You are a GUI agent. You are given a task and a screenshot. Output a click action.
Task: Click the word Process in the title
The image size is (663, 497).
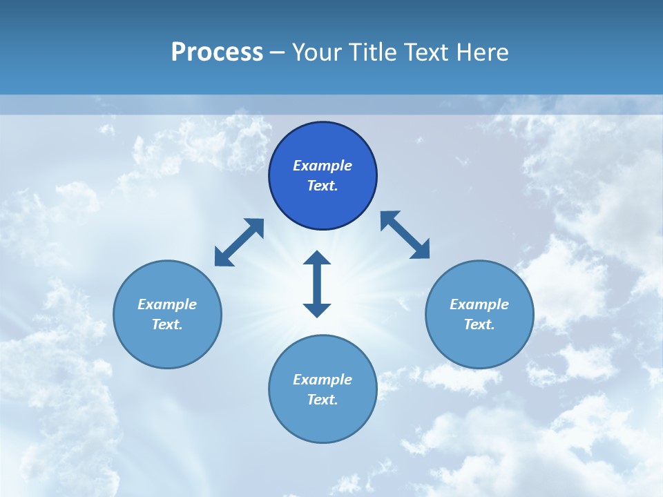click(x=217, y=52)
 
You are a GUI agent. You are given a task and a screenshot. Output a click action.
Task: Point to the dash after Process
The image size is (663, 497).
click(x=277, y=53)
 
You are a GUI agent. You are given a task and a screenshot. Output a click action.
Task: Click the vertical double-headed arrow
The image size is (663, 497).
click(x=317, y=284)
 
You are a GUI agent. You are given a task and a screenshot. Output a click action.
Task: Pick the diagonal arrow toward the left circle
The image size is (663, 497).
click(x=239, y=242)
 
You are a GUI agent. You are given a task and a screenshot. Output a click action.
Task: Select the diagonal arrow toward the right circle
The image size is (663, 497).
click(x=405, y=235)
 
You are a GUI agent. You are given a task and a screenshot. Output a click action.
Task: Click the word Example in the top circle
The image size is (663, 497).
click(x=323, y=166)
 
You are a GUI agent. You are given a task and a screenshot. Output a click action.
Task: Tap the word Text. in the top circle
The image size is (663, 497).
click(x=323, y=186)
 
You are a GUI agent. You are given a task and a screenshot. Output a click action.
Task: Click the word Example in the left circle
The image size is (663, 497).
click(x=167, y=304)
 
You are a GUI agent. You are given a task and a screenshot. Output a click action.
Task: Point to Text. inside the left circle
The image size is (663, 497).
click(x=167, y=324)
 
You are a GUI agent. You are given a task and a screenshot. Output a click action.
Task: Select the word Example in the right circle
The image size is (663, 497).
click(x=479, y=304)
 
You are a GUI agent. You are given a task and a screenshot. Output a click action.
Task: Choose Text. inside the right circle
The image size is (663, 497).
click(x=479, y=324)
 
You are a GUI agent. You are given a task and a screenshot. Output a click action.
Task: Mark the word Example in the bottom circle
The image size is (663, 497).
click(x=323, y=380)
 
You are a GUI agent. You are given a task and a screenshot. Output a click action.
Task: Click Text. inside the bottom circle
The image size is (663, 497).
click(x=323, y=400)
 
